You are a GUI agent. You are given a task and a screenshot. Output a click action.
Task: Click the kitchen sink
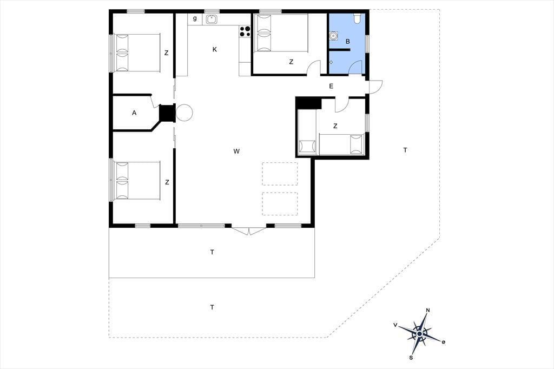pos(212,19)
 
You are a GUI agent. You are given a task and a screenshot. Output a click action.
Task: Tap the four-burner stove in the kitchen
pos(245,31)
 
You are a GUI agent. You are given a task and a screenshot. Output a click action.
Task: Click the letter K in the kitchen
pos(214,49)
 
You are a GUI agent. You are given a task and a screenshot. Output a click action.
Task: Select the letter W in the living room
pos(236,151)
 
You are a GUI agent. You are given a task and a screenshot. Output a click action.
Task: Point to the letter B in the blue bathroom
pos(348,41)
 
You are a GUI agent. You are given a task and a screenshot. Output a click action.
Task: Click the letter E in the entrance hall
pos(331,86)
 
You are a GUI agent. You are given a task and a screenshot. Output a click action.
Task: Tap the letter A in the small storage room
pos(134,113)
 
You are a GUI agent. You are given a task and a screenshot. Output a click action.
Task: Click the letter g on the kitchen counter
pos(195,18)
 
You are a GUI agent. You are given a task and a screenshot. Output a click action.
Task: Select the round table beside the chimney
pos(184,113)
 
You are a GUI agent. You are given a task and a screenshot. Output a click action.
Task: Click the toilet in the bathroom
pos(357,18)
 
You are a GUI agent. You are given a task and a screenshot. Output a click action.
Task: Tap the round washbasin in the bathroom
pos(333,36)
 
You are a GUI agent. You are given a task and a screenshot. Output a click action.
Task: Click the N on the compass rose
pos(428,311)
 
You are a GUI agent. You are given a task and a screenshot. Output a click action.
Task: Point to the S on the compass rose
pos(411,358)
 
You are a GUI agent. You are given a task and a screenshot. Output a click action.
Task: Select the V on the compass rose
pos(395,325)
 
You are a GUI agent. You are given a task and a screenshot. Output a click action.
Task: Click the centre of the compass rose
pos(419,334)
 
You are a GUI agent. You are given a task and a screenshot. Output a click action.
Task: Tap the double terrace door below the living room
pos(249,232)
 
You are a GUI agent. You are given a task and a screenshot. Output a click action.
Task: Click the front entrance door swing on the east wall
pos(376,87)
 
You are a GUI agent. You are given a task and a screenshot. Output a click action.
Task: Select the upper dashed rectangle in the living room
pos(280,174)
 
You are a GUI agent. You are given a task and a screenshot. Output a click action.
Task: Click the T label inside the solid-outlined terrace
pos(212,252)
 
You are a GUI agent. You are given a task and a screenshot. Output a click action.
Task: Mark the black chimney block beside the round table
pos(167,113)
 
